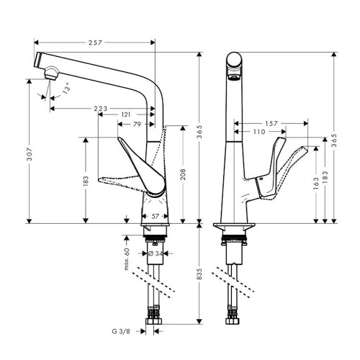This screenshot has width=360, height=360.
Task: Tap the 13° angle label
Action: pos(67,90)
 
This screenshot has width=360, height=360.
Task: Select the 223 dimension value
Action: pos(100,109)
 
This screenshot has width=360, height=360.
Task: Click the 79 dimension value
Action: pos(138,124)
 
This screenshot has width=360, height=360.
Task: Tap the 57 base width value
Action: pos(156,216)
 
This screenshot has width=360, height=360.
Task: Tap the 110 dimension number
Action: pos(261,132)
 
